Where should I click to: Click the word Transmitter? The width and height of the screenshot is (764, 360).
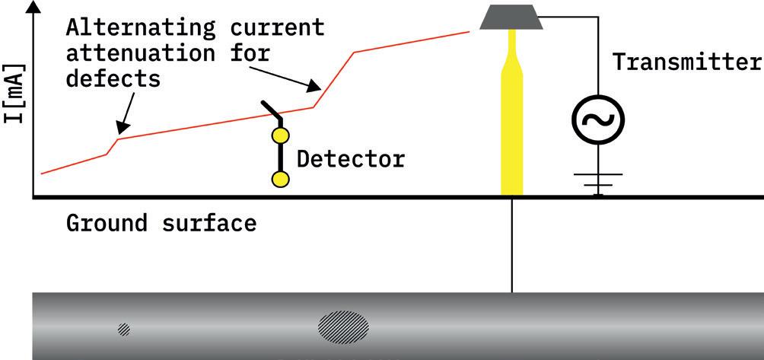pyautogui.click(x=688, y=62)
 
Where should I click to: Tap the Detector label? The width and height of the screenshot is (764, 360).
pyautogui.click(x=351, y=160)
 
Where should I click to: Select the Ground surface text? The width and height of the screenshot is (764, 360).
pyautogui.click(x=161, y=224)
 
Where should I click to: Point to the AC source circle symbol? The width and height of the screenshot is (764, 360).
pyautogui.click(x=598, y=119)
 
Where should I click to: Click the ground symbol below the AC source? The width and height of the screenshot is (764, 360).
pyautogui.click(x=598, y=183)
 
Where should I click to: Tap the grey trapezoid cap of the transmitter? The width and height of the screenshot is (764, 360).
pyautogui.click(x=511, y=16)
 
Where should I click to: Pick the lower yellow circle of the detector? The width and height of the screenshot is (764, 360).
pyautogui.click(x=280, y=180)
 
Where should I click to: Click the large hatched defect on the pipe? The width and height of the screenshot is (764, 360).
pyautogui.click(x=343, y=325)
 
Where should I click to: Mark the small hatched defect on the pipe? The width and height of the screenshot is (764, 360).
pyautogui.click(x=123, y=330)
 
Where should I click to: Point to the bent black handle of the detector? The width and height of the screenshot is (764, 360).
pyautogui.click(x=272, y=111)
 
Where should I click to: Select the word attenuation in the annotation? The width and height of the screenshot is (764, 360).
pyautogui.click(x=132, y=53)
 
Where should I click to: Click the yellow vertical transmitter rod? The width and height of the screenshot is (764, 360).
pyautogui.click(x=511, y=129)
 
